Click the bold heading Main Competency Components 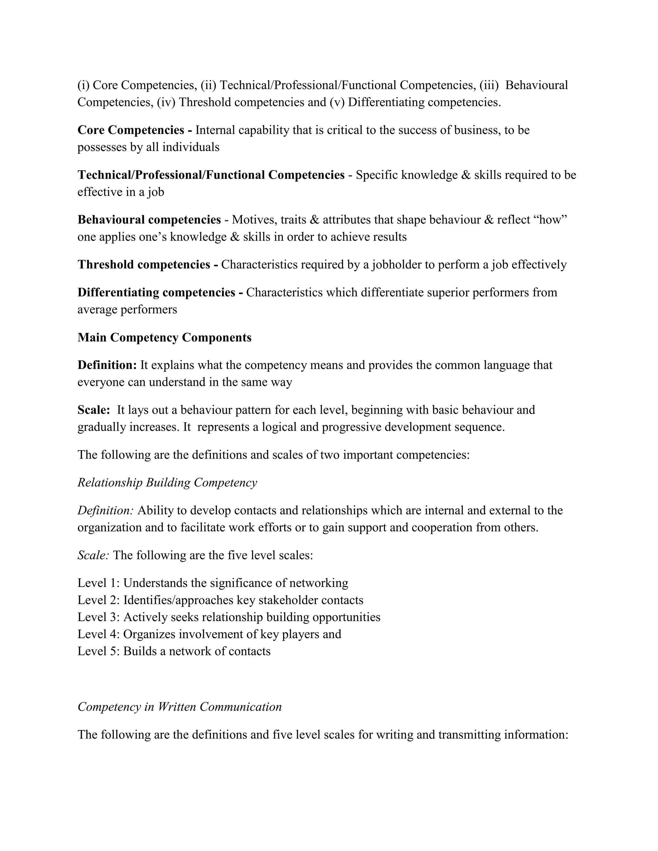point(164,338)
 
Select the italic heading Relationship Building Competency point(167,482)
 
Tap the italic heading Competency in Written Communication point(179,706)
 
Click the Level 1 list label point(99,583)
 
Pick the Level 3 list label point(99,617)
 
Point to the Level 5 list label point(99,651)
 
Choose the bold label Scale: point(93,410)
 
